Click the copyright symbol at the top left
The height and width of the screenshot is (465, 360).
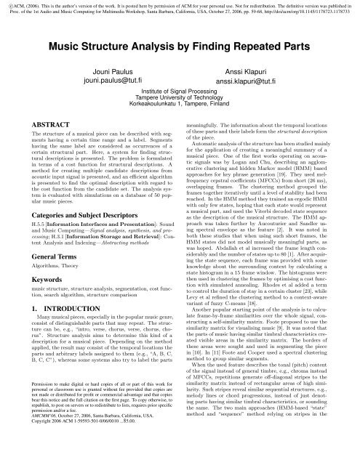pos(4,4)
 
